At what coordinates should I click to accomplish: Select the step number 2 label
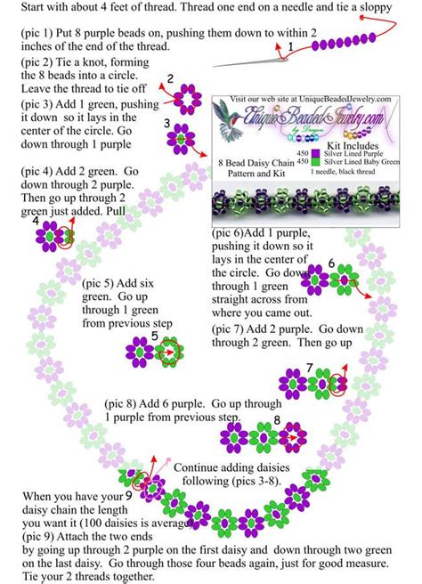170,79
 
